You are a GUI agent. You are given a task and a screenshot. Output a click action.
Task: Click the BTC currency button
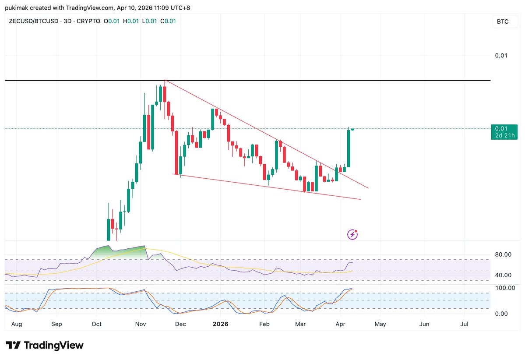click(x=503, y=21)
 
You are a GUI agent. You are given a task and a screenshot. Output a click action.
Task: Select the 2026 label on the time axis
click(x=220, y=325)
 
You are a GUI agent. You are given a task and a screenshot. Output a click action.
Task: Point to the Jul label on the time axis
click(x=465, y=325)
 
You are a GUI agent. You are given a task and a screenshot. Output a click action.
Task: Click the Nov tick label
click(x=141, y=325)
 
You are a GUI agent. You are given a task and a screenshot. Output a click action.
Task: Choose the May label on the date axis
click(x=380, y=325)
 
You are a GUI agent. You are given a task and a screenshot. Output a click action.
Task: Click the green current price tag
click(x=504, y=132)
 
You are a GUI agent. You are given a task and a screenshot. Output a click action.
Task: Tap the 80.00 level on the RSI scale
click(x=503, y=254)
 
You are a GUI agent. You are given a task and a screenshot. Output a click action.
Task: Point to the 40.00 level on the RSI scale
click(x=503, y=275)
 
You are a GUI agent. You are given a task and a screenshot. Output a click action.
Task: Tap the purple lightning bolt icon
click(x=352, y=235)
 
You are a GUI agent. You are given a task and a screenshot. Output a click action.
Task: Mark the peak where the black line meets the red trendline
click(x=165, y=81)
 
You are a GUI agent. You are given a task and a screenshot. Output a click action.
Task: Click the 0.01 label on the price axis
click(x=501, y=56)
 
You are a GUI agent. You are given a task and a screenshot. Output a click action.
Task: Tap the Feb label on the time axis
click(x=264, y=325)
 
